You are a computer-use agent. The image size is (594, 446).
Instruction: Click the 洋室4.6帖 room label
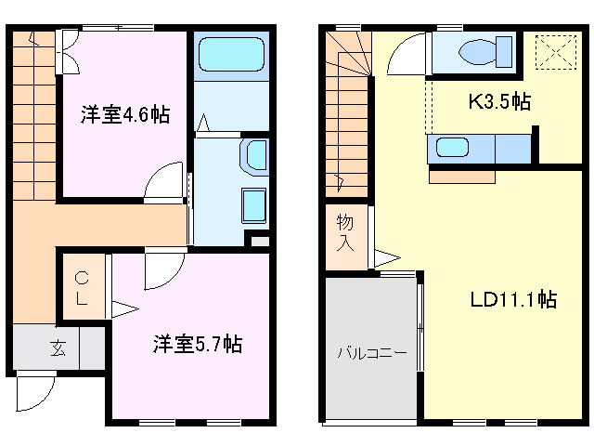point(123,116)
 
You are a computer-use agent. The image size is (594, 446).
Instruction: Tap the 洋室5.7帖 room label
point(197,345)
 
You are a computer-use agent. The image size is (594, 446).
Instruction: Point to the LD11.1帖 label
point(512,300)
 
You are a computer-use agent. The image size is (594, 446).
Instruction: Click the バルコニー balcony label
point(371,352)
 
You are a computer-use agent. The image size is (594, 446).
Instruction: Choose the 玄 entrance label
point(58,349)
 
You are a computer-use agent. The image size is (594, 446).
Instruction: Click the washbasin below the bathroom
point(253,154)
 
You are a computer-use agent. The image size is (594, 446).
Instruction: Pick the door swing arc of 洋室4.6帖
point(166,178)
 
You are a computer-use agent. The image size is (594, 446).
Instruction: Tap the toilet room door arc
point(405,54)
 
